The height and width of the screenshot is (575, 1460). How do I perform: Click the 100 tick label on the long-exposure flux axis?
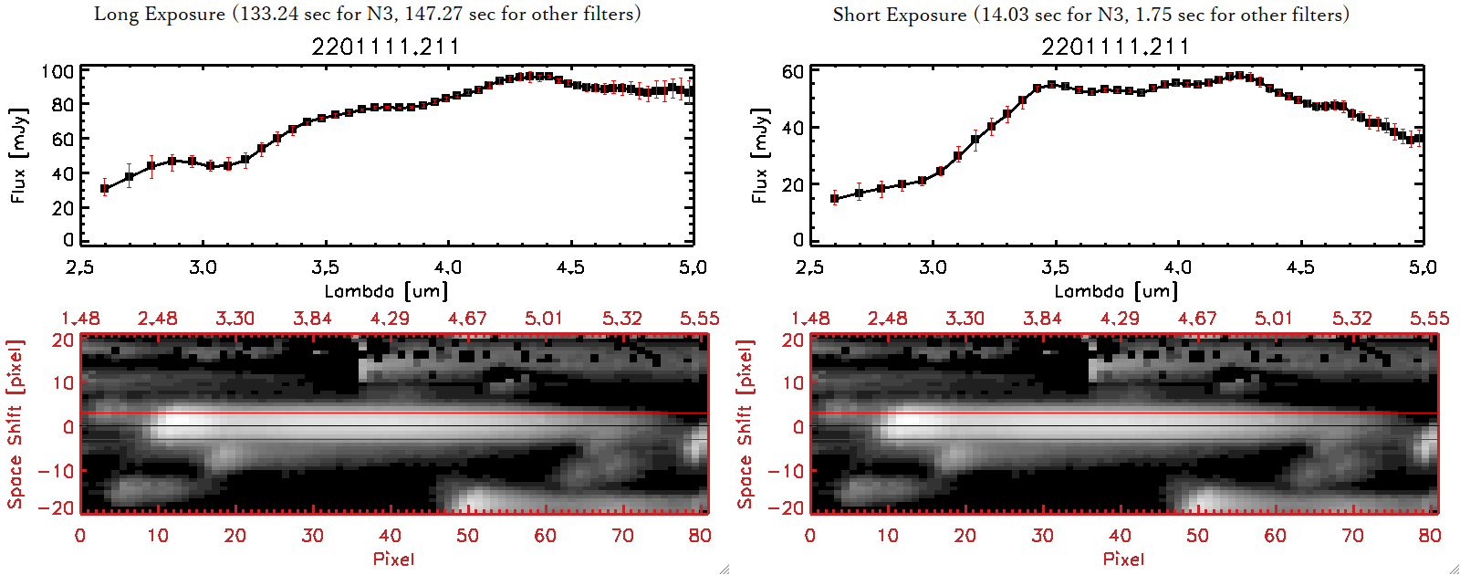coord(57,71)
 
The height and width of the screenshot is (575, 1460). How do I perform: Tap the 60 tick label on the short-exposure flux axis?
coord(793,71)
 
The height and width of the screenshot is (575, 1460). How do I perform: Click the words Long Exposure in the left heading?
coord(160,14)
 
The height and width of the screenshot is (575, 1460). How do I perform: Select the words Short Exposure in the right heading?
coord(899,15)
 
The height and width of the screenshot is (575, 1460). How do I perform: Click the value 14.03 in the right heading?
coord(1005,15)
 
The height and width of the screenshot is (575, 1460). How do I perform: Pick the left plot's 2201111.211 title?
coord(386,47)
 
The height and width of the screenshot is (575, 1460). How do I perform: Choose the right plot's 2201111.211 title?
coord(1116,47)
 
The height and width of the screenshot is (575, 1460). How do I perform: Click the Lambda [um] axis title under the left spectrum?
coord(386,291)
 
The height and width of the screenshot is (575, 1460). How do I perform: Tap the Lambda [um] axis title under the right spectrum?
coord(1116,291)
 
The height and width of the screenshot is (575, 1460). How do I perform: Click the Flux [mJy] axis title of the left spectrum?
coord(19,155)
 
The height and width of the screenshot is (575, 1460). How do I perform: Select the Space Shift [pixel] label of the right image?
coord(746,424)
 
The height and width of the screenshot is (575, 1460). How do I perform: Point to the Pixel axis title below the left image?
coord(393,559)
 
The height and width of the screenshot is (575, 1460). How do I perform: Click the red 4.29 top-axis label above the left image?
coord(390,319)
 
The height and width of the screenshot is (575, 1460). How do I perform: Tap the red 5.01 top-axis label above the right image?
coord(1274,319)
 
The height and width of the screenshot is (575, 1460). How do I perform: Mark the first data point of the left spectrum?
coord(105,189)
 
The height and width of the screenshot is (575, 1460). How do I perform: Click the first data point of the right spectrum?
coord(835,198)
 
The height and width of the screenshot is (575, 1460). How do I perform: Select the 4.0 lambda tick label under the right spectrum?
coord(1177,267)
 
